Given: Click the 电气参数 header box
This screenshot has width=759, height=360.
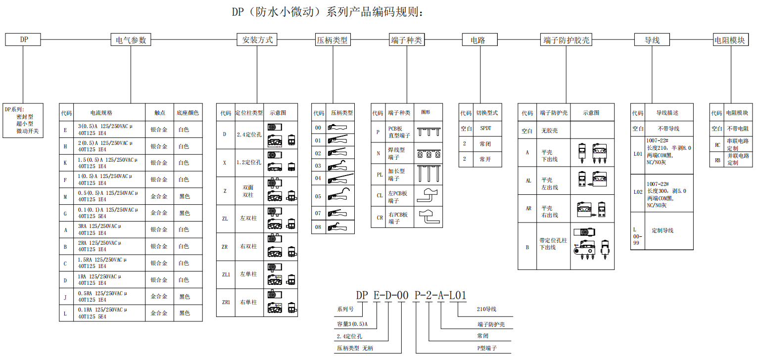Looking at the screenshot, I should (x=131, y=40).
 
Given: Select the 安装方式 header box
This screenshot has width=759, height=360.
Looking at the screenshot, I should (x=257, y=40).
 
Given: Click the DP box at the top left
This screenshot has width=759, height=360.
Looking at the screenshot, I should (x=23, y=40).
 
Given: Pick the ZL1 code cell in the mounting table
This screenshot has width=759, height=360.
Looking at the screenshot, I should (x=225, y=273).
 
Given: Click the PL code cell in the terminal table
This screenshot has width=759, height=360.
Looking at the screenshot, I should (x=379, y=175).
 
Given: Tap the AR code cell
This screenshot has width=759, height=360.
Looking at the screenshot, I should (x=528, y=209).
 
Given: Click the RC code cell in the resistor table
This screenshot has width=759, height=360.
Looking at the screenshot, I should (x=717, y=145).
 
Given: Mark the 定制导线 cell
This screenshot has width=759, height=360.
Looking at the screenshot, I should (x=662, y=230).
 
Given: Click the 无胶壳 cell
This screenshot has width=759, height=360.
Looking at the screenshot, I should (x=549, y=131).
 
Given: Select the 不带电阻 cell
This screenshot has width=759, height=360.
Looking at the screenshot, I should (x=737, y=129).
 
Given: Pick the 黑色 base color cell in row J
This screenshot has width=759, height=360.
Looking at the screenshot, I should (x=184, y=297).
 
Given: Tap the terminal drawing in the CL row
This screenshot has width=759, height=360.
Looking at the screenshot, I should (x=428, y=195).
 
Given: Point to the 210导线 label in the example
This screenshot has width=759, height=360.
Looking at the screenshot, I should (x=486, y=309).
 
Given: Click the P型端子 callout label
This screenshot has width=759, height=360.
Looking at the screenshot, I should (x=486, y=348).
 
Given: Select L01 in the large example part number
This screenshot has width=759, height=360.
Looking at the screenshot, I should (x=458, y=295).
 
